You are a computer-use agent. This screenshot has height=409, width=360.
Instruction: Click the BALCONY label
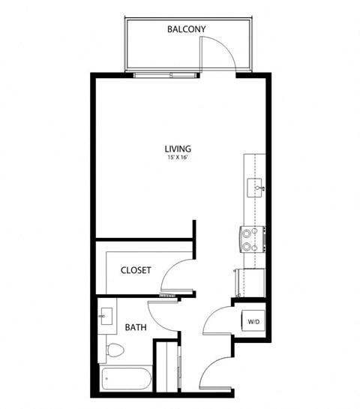(186, 29)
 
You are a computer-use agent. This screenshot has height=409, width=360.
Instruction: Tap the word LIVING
(178, 148)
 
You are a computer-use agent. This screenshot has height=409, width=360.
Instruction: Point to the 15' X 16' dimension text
(178, 158)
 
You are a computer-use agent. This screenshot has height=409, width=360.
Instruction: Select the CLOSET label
(136, 270)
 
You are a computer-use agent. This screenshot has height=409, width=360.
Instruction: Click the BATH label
(135, 327)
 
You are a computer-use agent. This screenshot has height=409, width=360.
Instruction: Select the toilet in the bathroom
(114, 350)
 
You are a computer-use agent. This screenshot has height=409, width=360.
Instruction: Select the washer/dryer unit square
(251, 321)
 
